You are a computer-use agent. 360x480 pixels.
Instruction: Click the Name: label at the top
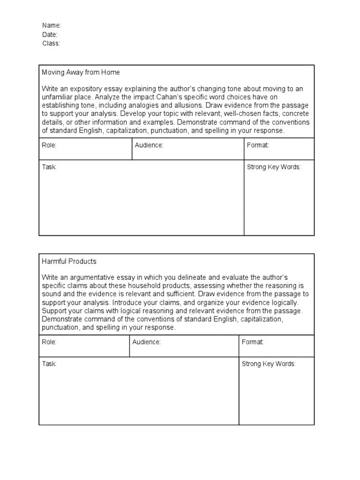[x=52, y=25]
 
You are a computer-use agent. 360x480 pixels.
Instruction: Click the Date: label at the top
[x=50, y=34]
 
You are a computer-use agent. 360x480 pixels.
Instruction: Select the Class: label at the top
[x=51, y=43]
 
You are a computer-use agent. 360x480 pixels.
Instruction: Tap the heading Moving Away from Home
[x=81, y=72]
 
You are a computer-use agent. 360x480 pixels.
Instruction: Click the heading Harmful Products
[x=69, y=261]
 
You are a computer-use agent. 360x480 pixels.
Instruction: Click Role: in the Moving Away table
[x=49, y=145]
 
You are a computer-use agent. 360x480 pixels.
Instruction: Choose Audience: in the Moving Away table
[x=149, y=145]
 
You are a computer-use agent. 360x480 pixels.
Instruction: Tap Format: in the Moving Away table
[x=258, y=145]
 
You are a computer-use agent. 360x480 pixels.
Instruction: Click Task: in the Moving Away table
[x=49, y=167]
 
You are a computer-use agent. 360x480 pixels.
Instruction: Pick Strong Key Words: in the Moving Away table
[x=274, y=167]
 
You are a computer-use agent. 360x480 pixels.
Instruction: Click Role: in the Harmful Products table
[x=49, y=342]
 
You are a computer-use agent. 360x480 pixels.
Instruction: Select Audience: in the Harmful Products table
[x=146, y=342]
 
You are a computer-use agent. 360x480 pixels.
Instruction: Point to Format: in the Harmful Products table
[x=253, y=342]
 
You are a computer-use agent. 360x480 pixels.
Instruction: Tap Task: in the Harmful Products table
[x=49, y=364]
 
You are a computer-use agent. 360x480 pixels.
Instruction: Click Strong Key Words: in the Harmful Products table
[x=269, y=364]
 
